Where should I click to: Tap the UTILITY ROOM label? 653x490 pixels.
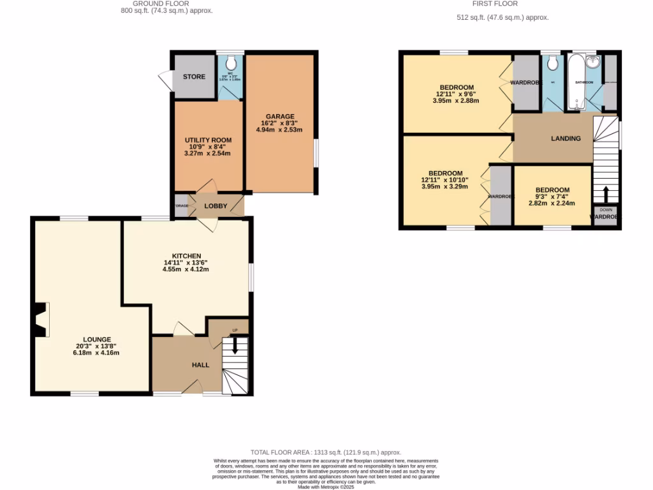tap(208, 140)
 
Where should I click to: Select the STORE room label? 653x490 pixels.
tap(194, 77)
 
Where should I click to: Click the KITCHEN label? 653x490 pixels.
tap(186, 255)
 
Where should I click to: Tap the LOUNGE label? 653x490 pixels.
tap(96, 339)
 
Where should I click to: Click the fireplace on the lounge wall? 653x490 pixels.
tap(41, 319)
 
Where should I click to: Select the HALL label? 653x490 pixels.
tap(201, 364)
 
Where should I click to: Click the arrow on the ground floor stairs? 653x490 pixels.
tap(235, 346)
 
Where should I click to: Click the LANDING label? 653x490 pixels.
tap(566, 138)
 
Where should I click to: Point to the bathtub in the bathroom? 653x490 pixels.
tap(576, 83)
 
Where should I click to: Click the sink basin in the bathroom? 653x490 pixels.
tap(594, 62)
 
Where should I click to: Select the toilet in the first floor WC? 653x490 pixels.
tap(552, 63)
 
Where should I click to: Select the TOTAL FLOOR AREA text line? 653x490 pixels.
tap(326, 451)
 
